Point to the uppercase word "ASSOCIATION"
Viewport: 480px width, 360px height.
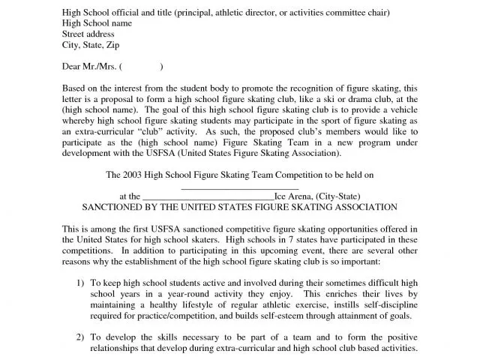(x=362, y=207)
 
